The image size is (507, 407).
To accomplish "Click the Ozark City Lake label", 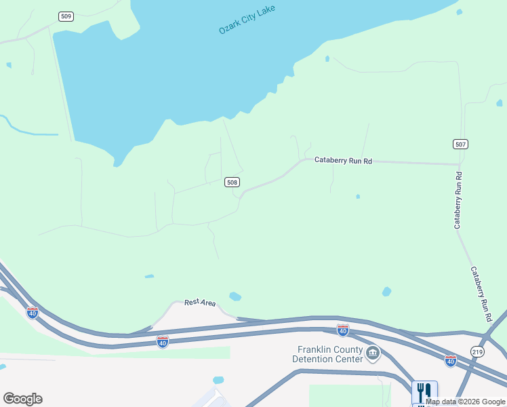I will pos(247,21).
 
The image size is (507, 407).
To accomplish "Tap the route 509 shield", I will pos(66,16).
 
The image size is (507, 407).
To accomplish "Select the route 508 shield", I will pos(232,182).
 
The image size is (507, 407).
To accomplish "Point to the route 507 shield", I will pos(461,144).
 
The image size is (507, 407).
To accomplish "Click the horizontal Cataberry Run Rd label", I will pos(344,161).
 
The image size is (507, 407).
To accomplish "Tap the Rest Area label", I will pos(200,303).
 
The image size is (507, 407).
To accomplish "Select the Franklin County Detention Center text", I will pos(325,353).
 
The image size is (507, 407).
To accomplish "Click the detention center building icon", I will pos(373,353).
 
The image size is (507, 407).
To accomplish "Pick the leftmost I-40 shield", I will pos(33,312).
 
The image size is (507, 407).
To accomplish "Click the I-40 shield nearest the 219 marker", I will pos(451,360).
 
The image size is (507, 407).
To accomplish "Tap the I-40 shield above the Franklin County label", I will pos(343,330).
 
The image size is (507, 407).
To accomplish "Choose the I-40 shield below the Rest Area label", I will pos(163,342).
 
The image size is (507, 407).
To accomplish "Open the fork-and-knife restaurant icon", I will pos(424,391).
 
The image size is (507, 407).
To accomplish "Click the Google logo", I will pos(22,399).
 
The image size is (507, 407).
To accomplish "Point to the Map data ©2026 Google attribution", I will pos(466,402).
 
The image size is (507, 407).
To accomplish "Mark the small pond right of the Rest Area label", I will pos(235,296).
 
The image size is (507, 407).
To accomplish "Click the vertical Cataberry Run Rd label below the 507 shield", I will pos(459,199).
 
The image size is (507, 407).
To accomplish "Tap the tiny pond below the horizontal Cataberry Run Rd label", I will pos(357,197).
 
